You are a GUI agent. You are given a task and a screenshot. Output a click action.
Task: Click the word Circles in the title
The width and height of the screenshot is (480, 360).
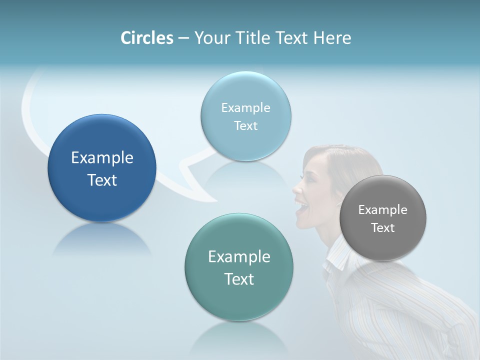(146, 38)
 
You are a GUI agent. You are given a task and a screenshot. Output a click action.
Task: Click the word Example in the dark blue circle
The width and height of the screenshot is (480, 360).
(102, 158)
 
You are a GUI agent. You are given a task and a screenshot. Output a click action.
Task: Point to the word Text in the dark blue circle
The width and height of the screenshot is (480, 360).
(102, 180)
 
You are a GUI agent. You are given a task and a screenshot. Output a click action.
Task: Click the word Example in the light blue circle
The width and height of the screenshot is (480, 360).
(245, 107)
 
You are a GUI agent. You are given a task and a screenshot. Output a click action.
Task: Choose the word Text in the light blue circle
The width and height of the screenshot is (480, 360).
(245, 125)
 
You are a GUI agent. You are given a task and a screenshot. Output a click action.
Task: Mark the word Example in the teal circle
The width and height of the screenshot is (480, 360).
(239, 257)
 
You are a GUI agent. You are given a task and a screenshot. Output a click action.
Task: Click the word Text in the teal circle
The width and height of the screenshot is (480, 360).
(239, 279)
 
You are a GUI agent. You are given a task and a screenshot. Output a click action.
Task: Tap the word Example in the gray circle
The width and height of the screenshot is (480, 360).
(382, 210)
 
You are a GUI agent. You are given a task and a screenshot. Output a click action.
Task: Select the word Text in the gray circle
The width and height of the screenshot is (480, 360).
(382, 228)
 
